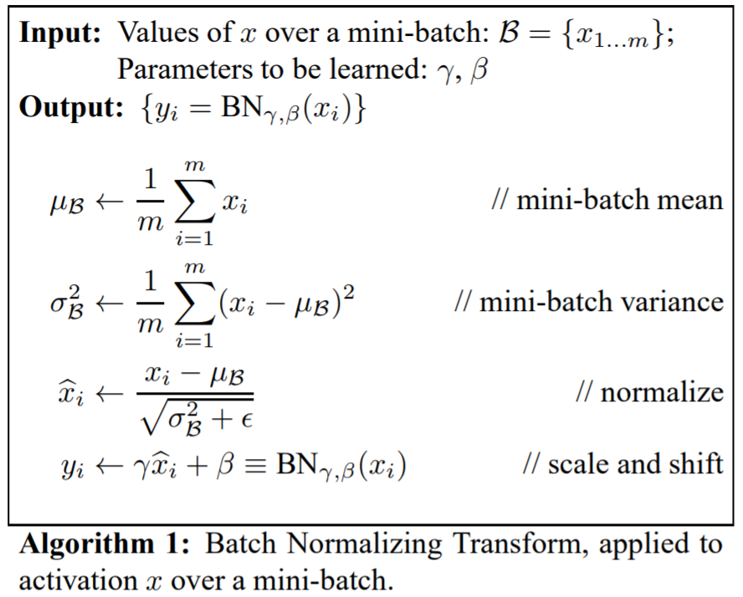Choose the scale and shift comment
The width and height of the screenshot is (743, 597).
click(623, 464)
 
